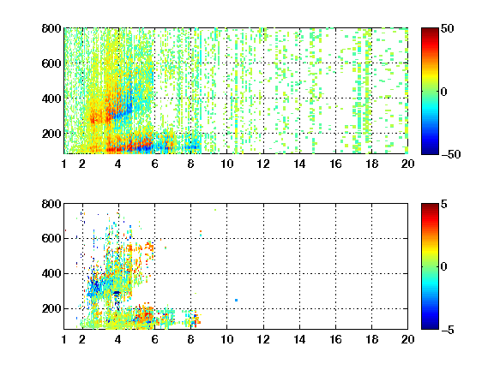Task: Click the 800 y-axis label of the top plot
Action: pos(51,28)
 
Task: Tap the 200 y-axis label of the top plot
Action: pos(51,134)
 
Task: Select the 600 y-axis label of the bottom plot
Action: pos(51,238)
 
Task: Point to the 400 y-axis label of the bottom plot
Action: pos(51,273)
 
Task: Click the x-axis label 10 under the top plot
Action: pos(226,164)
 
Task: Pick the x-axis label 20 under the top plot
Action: pos(407,164)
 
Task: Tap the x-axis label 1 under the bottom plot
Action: pos(64,339)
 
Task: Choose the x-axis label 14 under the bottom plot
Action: pos(299,339)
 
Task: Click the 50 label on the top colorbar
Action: pos(447,28)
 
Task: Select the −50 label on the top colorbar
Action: pos(450,154)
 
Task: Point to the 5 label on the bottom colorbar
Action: pos(444,204)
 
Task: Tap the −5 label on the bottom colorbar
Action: pos(448,330)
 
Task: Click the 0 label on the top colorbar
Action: pos(444,92)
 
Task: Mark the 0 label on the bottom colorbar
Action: pos(444,267)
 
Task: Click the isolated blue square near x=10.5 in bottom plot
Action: pos(237,300)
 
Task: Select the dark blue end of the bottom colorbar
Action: pos(430,327)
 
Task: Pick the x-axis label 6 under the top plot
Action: pos(154,164)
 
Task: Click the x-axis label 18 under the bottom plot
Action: pos(371,339)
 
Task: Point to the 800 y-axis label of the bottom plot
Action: pos(51,204)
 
